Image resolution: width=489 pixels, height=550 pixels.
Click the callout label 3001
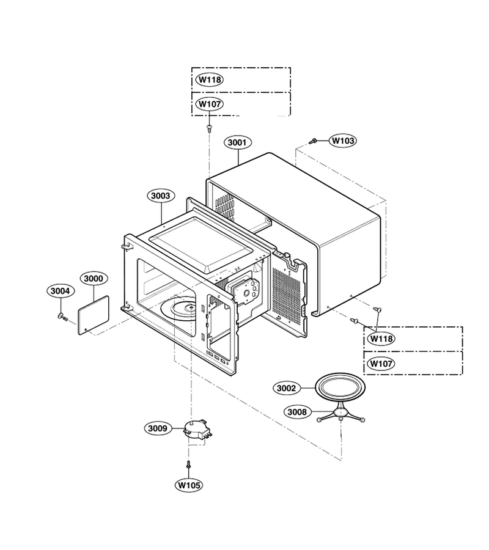click(238, 142)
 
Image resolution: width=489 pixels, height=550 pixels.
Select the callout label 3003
click(161, 196)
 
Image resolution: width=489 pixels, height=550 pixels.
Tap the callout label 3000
click(94, 279)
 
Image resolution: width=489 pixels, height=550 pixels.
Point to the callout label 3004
click(61, 291)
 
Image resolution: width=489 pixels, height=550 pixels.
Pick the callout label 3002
click(287, 388)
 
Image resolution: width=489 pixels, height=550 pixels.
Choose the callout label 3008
click(297, 412)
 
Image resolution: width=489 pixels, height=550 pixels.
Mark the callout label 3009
click(158, 428)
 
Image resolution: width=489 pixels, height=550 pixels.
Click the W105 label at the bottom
click(189, 485)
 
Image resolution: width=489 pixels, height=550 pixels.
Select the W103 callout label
click(343, 141)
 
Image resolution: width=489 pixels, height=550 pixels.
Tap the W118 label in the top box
click(210, 79)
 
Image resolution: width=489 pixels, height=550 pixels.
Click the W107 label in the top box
click(210, 104)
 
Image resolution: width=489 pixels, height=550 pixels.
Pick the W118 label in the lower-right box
click(381, 339)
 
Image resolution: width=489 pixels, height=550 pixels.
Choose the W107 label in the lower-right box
click(381, 364)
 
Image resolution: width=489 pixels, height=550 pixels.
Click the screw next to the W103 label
click(313, 141)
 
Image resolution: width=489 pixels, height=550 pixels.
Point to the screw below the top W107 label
click(210, 128)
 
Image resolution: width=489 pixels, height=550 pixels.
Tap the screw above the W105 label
click(189, 465)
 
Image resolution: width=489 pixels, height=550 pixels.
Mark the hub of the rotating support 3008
click(340, 411)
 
